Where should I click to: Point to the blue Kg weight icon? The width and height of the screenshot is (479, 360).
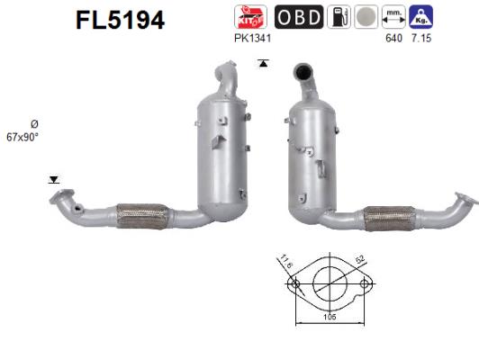419,16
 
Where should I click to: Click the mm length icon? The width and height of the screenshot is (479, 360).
393,16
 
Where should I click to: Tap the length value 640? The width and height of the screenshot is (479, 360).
393,38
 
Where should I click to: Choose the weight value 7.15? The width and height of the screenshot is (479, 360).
419,38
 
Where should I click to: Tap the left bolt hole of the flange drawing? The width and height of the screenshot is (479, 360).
293,286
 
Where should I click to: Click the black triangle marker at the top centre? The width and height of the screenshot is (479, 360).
263,62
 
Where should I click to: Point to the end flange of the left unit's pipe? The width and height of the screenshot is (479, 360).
61,200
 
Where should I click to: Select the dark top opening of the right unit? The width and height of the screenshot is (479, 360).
303,70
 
